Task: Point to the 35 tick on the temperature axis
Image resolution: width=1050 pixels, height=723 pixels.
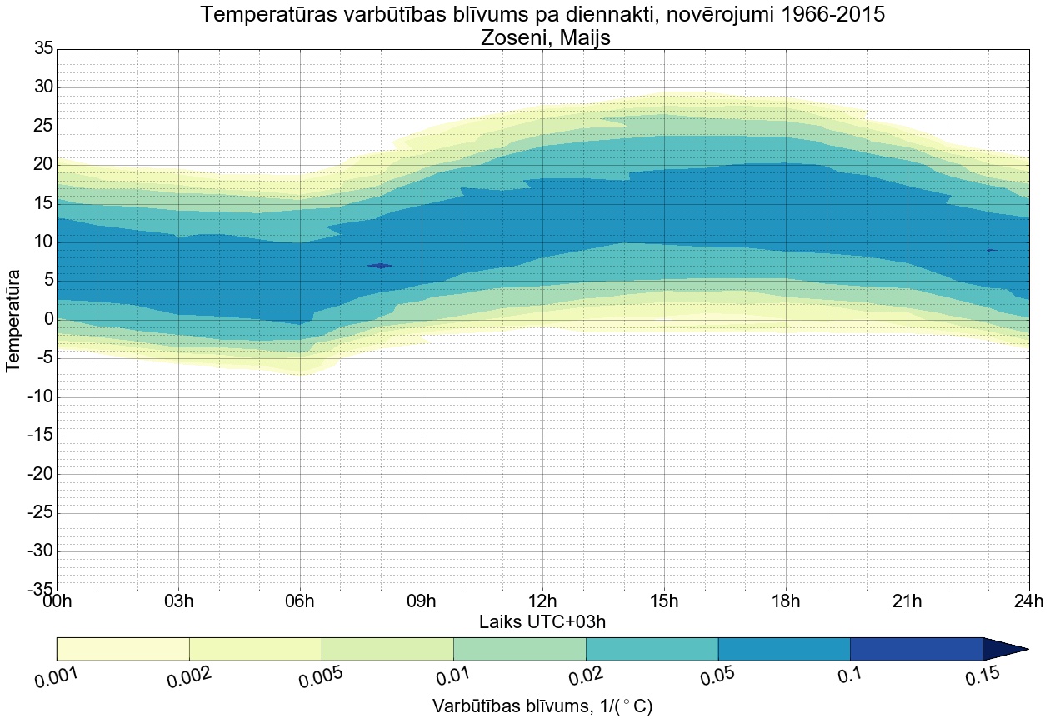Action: click(x=43, y=49)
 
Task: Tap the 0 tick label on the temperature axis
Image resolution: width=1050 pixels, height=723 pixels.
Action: click(x=48, y=319)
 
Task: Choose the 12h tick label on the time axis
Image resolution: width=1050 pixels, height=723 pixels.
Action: click(x=542, y=602)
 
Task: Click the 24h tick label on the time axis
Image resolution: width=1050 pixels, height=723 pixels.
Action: click(x=1028, y=602)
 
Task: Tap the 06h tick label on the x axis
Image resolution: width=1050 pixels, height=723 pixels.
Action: click(x=300, y=602)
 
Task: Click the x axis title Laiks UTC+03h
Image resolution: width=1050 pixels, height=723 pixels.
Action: click(x=542, y=622)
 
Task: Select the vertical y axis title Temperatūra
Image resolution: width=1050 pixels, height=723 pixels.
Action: click(x=13, y=320)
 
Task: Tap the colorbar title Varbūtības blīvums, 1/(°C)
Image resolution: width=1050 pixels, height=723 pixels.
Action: click(x=542, y=706)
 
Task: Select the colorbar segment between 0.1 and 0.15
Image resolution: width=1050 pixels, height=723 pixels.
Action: click(x=916, y=649)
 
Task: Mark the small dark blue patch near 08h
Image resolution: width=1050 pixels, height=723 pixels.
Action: click(x=380, y=266)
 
